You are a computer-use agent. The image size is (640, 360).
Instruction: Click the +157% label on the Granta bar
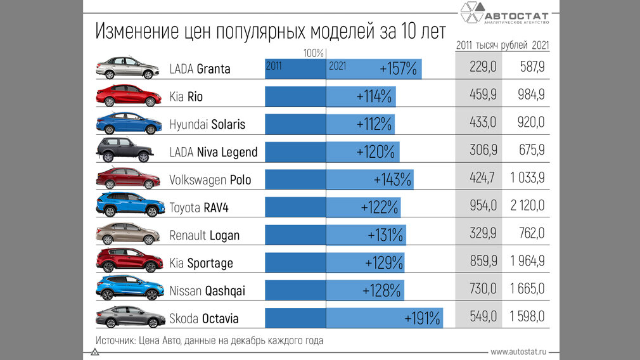point(398,68)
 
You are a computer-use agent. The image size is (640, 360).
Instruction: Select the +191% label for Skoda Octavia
point(421,318)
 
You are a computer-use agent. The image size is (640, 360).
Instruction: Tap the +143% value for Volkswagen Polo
point(393,179)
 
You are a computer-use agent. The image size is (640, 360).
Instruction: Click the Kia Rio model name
point(186,96)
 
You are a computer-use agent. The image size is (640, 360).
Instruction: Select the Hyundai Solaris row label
point(207,124)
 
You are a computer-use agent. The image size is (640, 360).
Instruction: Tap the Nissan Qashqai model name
point(207,291)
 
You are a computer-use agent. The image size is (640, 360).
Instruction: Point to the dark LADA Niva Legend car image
point(125,150)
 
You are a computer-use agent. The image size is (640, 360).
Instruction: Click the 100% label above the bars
point(314,53)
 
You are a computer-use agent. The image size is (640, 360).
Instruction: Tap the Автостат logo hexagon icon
point(471,13)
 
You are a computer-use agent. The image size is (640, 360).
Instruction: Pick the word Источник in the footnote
point(114,340)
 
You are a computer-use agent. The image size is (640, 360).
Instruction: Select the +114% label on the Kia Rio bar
point(374,96)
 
